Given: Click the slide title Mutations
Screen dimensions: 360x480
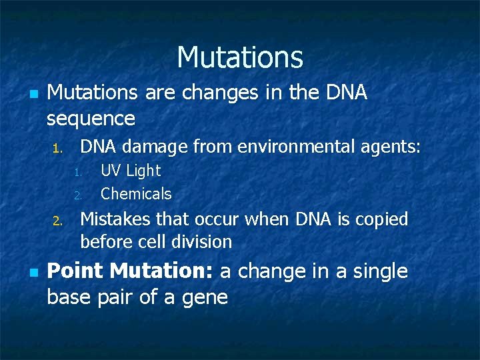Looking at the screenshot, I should pos(240,57).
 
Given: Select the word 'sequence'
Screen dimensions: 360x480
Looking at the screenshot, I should pos(91,119).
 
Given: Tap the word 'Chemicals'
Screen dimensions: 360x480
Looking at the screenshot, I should pos(136,194).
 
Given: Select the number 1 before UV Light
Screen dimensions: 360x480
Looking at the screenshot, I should pos(77,173).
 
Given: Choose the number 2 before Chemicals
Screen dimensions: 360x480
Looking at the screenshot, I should pos(77,196).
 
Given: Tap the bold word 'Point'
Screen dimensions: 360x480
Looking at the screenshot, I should pos(76,272).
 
